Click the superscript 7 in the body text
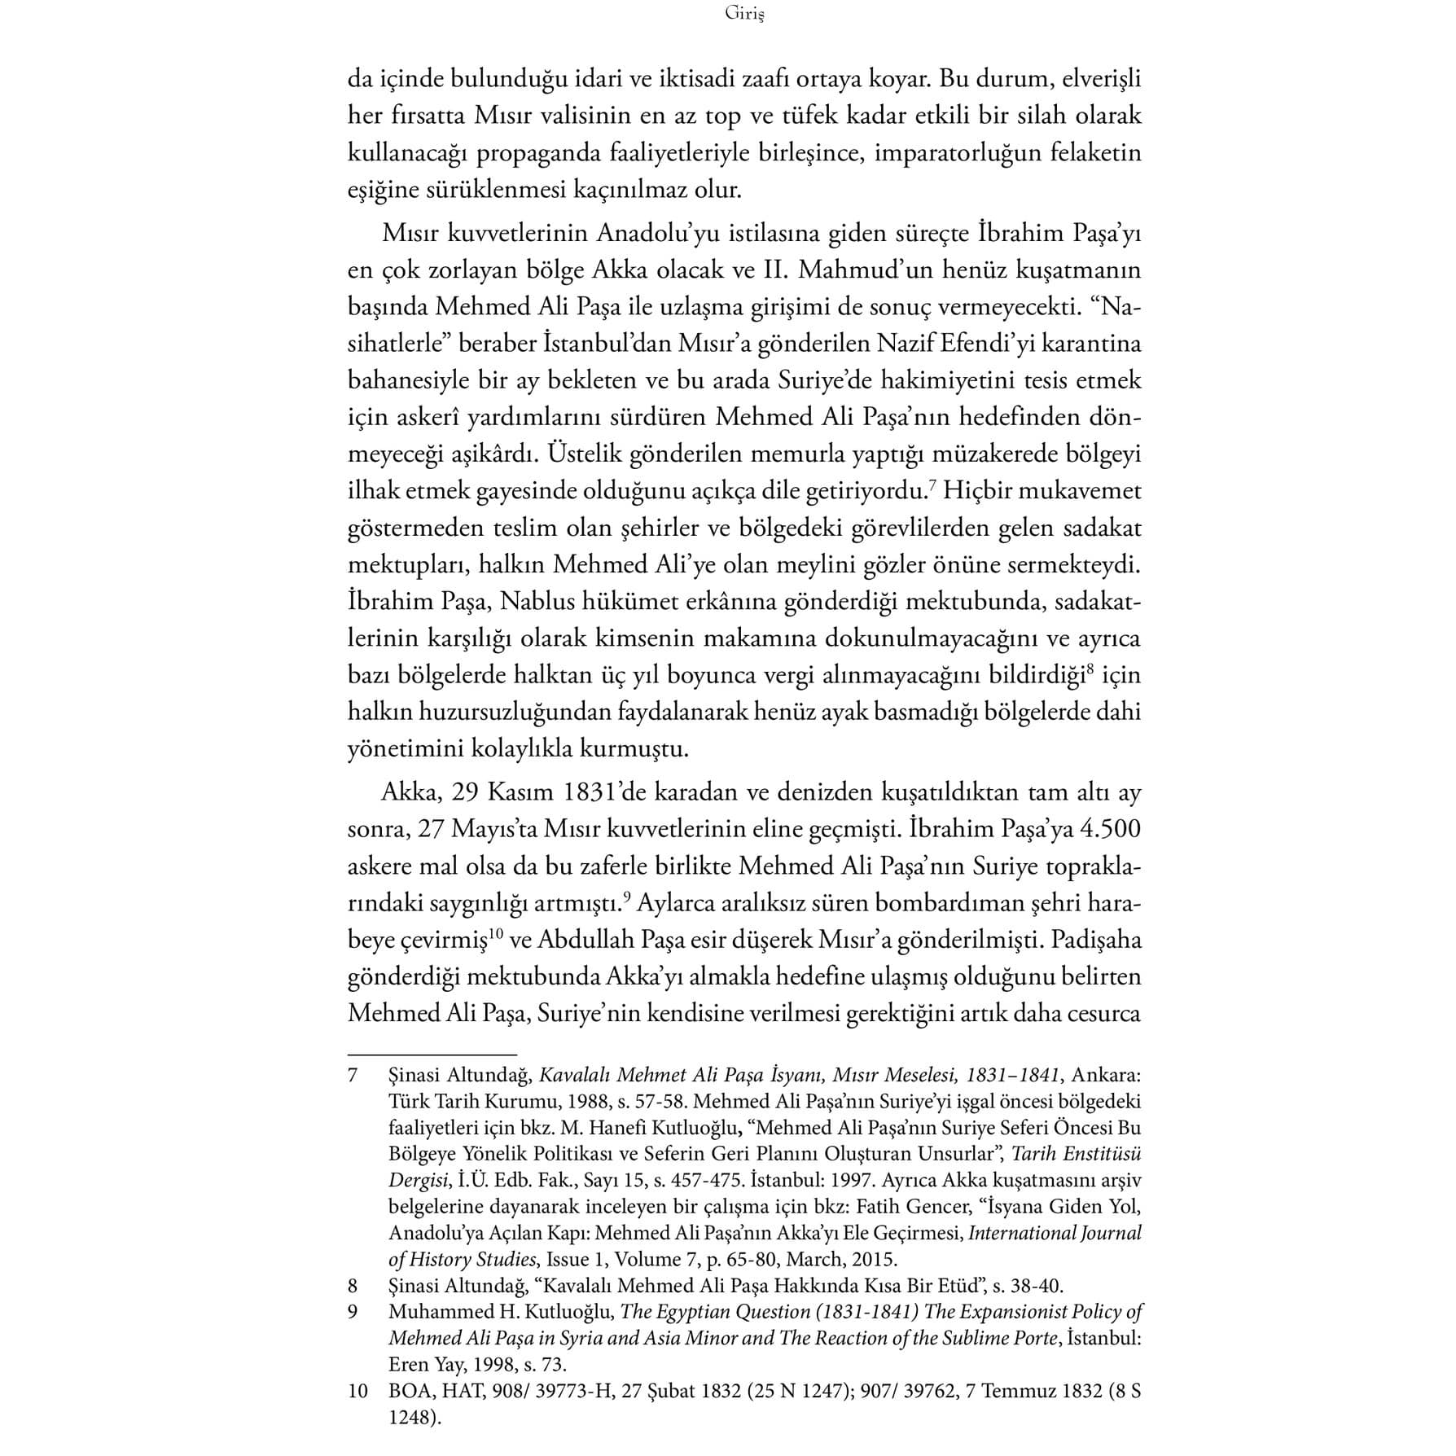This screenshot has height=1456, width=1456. [x=938, y=486]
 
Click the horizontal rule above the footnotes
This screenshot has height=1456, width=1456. [x=432, y=1054]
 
